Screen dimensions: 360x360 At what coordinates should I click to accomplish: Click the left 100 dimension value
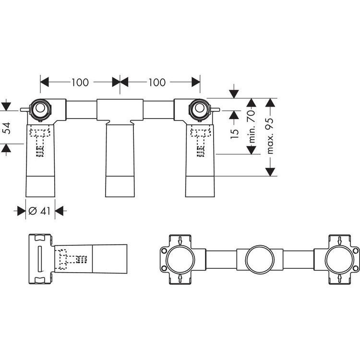click(80, 83)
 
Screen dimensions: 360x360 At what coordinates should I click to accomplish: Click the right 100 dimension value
click(157, 83)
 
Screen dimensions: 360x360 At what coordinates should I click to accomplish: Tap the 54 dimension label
click(7, 128)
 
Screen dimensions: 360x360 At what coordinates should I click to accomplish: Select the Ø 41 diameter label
click(39, 211)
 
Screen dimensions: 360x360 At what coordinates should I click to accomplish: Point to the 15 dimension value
click(235, 134)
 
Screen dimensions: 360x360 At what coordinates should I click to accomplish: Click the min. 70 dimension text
click(252, 126)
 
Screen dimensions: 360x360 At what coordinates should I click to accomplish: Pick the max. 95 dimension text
click(270, 136)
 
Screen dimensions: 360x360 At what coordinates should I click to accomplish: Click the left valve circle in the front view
click(40, 109)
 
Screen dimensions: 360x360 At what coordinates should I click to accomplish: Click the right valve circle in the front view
click(200, 109)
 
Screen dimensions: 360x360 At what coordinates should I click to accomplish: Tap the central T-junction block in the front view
click(120, 110)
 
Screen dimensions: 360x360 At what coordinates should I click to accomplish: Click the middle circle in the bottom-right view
click(260, 259)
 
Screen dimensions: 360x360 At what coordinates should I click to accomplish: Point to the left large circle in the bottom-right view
click(180, 259)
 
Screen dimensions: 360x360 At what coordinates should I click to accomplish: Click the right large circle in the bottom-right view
click(340, 259)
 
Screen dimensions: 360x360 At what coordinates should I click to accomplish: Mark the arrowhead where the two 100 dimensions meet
click(120, 82)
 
